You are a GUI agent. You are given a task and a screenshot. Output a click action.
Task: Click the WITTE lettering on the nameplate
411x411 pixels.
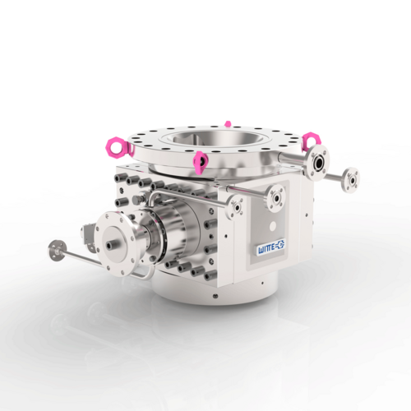tap(267, 249)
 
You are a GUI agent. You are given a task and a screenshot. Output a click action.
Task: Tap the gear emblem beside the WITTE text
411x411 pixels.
tap(280, 244)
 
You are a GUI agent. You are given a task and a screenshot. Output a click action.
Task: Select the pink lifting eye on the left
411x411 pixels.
tap(117, 147)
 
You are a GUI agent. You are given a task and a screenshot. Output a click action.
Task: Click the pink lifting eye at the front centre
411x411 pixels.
tap(201, 162)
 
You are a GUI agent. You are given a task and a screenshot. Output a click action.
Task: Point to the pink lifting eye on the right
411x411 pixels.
tap(312, 141)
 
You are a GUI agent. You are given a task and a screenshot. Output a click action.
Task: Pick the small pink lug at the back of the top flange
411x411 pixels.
tap(228, 124)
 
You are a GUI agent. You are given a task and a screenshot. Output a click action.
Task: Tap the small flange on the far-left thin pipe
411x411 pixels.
tap(58, 251)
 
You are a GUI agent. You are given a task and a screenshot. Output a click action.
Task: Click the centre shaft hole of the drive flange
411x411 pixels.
tap(111, 245)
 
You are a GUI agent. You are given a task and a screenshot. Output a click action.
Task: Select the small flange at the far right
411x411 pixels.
tap(351, 180)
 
